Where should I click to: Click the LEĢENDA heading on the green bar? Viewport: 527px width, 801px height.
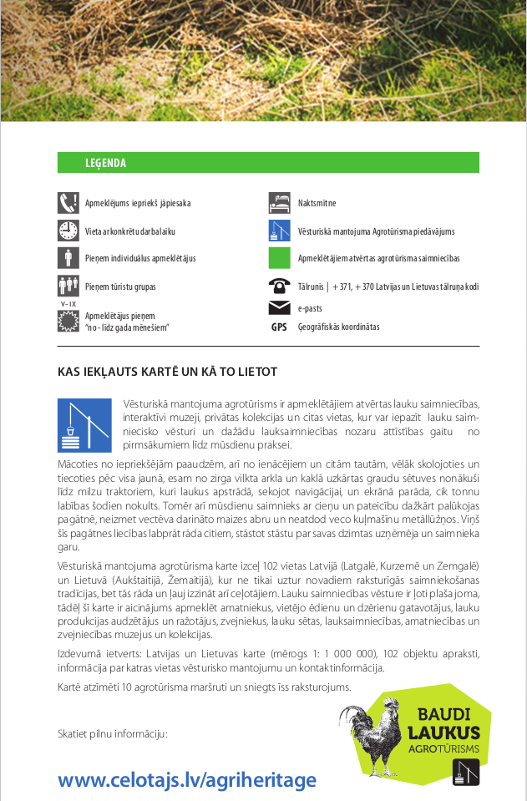click(105, 163)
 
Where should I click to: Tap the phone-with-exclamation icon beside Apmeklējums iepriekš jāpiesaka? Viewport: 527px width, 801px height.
click(68, 203)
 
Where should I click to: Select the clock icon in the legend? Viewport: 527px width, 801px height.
click(68, 231)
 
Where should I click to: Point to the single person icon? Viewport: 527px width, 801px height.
click(68, 258)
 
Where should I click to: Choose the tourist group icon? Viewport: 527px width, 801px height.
click(68, 286)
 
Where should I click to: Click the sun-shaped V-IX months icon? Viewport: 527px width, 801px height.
click(68, 319)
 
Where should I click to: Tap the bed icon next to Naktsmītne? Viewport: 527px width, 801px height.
click(279, 203)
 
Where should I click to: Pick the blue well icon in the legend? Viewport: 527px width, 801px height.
click(279, 231)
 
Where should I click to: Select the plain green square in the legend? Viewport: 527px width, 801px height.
click(279, 258)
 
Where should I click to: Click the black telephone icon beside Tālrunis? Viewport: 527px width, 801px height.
click(279, 286)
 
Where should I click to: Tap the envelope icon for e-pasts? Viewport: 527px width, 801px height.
click(279, 307)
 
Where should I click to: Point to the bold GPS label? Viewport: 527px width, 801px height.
click(279, 327)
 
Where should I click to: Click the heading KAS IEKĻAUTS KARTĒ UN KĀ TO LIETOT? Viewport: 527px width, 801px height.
click(167, 371)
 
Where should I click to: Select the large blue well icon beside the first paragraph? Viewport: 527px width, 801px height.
click(84, 426)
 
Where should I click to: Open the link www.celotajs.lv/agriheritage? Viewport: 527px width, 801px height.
click(187, 780)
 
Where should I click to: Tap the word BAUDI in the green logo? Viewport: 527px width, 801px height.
click(444, 715)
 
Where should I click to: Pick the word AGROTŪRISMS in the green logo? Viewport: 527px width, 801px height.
click(444, 749)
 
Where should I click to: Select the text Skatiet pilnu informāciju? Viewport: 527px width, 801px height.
click(113, 733)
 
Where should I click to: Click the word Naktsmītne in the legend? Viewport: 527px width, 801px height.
click(317, 203)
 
